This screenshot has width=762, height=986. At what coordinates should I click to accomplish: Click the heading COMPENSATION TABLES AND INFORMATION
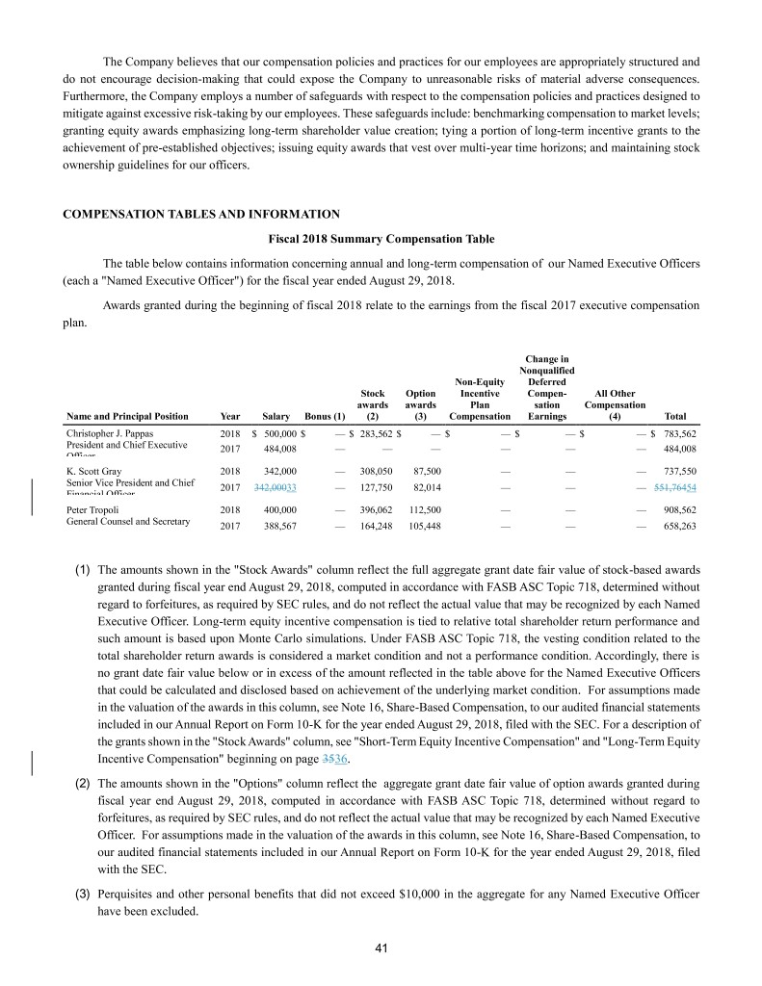click(200, 213)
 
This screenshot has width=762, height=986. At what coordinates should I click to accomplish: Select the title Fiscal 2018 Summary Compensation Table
click(381, 238)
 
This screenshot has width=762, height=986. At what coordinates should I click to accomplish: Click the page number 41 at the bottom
click(381, 949)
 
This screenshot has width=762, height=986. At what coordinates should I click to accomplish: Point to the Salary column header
click(276, 416)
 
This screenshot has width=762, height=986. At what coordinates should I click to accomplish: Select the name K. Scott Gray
click(93, 471)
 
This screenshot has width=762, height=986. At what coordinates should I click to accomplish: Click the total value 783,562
click(680, 434)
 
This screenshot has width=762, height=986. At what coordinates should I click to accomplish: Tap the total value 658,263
click(680, 527)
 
